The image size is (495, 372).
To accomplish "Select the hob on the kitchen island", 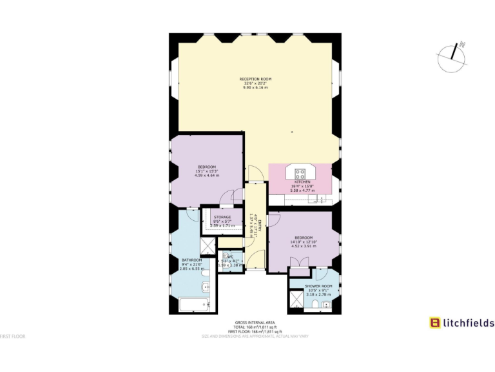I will tap(300, 172).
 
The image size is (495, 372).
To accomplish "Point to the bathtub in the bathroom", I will tap(194, 305).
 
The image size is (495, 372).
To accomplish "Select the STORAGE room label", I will tap(222, 217).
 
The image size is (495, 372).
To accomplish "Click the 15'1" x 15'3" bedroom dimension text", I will tap(207, 170).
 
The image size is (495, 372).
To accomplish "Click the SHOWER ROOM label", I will tap(318, 285).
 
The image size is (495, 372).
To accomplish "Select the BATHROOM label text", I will tap(191, 260).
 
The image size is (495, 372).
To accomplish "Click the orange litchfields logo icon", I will tap(435, 323).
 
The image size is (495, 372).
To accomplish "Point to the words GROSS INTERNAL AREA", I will tap(250, 323).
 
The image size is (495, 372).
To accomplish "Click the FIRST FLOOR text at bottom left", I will tap(12, 336).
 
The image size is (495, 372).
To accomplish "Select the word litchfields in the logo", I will tap(469, 323).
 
